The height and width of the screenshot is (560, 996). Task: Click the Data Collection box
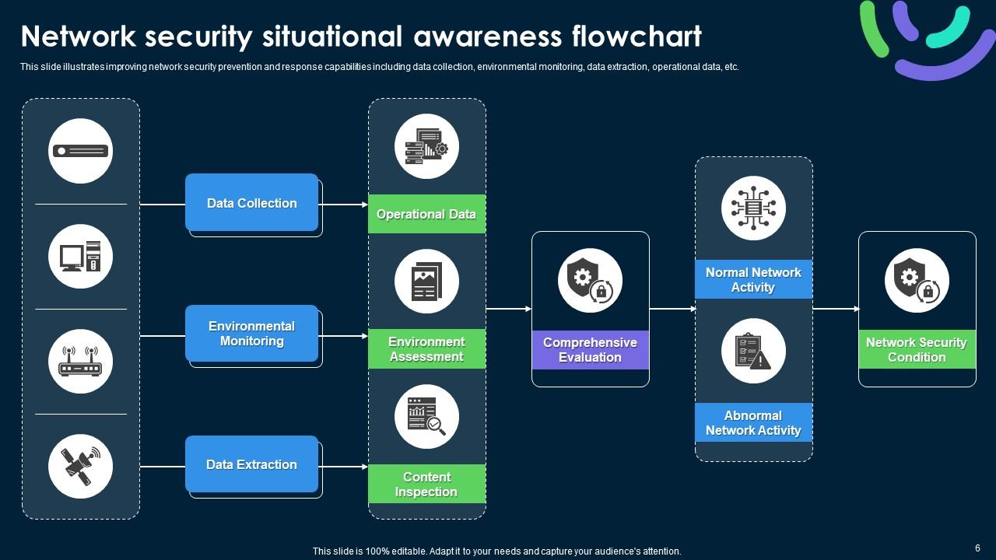coord(251,203)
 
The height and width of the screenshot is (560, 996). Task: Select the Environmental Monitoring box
coord(251,334)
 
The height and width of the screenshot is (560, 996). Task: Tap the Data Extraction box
coord(251,464)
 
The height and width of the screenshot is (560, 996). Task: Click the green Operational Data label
coord(426,214)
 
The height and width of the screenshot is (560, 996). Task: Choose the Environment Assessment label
coord(426,349)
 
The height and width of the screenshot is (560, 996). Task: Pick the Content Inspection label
coord(426,484)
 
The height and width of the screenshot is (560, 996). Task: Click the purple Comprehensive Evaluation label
coord(590,350)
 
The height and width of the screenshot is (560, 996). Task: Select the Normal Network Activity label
coord(753,279)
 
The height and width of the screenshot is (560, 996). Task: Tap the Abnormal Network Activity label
coord(753,422)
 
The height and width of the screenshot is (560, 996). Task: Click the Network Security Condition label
coord(917,350)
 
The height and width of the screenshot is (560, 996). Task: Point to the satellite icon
coord(80,466)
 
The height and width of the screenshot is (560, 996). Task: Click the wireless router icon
coord(80,362)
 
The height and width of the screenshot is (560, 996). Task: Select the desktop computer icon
coord(80,257)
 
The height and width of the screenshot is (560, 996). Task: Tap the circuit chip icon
coord(753,208)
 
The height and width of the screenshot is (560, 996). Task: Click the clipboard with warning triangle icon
coord(753,351)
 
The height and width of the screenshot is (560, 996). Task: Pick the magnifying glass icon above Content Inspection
coord(426,417)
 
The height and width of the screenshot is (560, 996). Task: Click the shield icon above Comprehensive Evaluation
coord(590,281)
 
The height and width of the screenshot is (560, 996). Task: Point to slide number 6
coord(977,548)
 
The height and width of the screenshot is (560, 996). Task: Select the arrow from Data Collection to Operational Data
coord(344,205)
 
